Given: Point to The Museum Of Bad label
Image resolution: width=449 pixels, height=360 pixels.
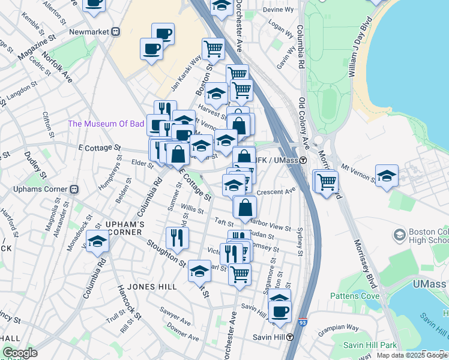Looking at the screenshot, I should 106,124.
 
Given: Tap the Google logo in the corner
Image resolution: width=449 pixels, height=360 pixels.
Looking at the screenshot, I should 20,353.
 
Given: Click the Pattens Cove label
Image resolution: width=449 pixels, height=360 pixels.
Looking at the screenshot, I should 354,296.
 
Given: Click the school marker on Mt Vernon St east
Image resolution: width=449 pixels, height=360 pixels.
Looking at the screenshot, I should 387,176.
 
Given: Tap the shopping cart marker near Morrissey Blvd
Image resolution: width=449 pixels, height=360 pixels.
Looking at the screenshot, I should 327,181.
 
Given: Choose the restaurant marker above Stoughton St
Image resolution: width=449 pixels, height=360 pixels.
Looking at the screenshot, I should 178,238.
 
